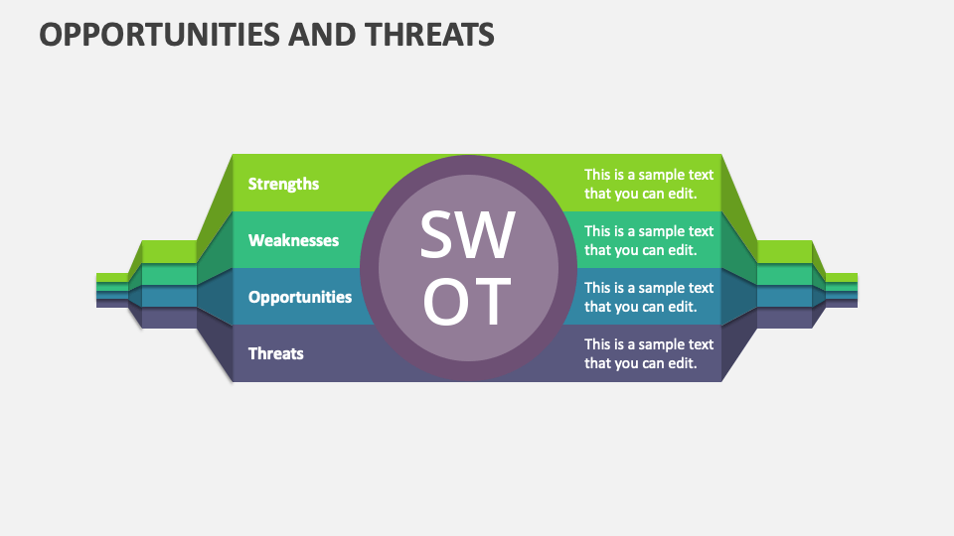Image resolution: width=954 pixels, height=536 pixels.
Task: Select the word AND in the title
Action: click(321, 35)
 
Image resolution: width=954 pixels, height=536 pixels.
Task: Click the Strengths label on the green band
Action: click(283, 184)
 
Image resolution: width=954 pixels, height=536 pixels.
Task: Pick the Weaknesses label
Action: click(293, 240)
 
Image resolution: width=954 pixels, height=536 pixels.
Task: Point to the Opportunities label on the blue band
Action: click(299, 297)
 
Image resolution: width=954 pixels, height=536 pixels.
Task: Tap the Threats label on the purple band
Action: click(275, 353)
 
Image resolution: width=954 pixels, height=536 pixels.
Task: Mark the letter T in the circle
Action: click(492, 301)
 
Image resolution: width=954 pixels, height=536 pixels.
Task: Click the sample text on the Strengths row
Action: click(648, 184)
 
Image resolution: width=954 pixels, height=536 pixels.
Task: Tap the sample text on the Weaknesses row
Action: click(648, 240)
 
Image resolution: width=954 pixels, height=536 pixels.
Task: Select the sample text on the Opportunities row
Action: click(648, 297)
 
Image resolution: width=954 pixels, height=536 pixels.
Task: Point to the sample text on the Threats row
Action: click(648, 353)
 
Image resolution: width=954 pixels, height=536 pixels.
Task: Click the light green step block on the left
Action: click(169, 251)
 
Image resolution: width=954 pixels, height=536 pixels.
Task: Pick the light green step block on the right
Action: click(785, 251)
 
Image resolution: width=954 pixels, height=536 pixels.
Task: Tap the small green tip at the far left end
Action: click(112, 277)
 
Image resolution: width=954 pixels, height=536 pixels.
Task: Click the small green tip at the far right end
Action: click(842, 277)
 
